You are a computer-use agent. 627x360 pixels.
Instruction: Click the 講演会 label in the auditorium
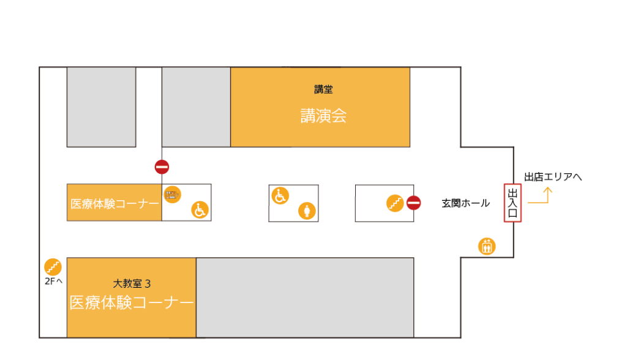(323, 116)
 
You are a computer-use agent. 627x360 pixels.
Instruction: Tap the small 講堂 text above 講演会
(323, 89)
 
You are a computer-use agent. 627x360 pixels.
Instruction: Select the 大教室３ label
(132, 283)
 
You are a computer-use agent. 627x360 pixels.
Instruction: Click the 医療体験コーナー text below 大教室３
(132, 302)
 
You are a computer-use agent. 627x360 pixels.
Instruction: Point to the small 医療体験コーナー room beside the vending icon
(115, 203)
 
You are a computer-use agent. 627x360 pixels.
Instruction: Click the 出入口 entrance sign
(512, 203)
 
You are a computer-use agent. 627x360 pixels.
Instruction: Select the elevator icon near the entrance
(487, 246)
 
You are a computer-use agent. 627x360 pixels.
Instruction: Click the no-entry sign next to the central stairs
(414, 203)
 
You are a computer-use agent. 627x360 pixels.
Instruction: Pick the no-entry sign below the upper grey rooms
(162, 167)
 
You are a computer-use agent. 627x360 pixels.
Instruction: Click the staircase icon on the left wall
(53, 267)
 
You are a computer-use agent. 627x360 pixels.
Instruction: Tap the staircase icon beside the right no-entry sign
(395, 203)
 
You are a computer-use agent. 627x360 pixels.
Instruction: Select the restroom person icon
(307, 211)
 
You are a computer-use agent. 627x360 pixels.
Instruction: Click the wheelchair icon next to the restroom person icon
(280, 195)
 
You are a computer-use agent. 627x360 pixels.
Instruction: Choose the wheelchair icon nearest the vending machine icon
(200, 209)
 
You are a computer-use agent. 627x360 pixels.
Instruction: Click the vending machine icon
(173, 195)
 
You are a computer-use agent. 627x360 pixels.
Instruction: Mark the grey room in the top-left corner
(101, 107)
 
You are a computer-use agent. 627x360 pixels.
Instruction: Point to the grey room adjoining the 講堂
(196, 107)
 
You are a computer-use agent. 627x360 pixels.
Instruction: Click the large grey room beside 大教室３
(305, 298)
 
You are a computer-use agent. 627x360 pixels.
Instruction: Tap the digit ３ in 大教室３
(148, 283)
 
